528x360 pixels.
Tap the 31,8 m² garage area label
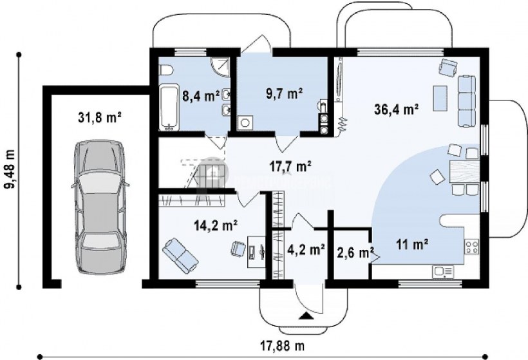pyautogui.click(x=100, y=117)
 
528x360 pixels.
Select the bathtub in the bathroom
pyautogui.click(x=169, y=108)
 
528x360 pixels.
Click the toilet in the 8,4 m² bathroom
pyautogui.click(x=165, y=70)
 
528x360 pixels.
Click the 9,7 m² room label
pyautogui.click(x=284, y=94)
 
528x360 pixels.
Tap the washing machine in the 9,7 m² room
pyautogui.click(x=245, y=122)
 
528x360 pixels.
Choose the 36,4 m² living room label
pyautogui.click(x=397, y=109)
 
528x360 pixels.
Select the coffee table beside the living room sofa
pyautogui.click(x=440, y=98)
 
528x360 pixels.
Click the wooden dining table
pyautogui.click(x=464, y=172)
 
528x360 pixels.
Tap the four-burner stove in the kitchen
pyautogui.click(x=471, y=246)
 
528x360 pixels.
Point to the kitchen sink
pyautogui.click(x=443, y=272)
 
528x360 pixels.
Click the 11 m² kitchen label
pyautogui.click(x=412, y=244)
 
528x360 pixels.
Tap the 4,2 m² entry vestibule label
pyautogui.click(x=306, y=249)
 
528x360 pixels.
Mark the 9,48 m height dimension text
pyautogui.click(x=10, y=169)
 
